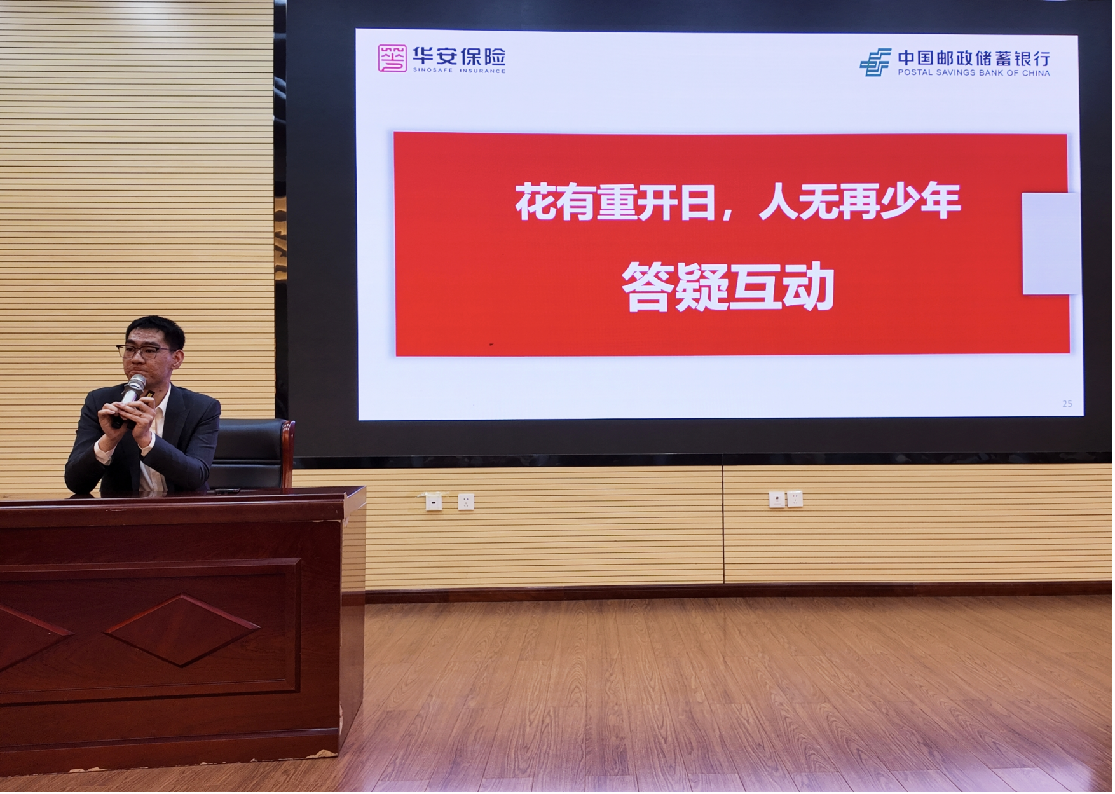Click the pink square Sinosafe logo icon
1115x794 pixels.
(392, 58)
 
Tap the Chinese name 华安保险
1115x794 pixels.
(460, 56)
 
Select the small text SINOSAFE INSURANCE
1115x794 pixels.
(460, 71)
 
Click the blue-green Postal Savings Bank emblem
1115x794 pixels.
(876, 62)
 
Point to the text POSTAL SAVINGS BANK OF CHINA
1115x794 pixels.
(974, 73)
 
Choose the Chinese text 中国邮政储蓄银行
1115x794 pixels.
(974, 58)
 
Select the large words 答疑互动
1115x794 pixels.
(729, 287)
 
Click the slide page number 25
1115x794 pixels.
(1067, 404)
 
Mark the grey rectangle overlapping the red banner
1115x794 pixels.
(1051, 243)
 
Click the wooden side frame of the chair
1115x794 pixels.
(288, 454)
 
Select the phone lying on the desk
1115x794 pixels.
(226, 491)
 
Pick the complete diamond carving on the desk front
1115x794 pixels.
(182, 630)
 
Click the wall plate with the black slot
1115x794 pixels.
(434, 502)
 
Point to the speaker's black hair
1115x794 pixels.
(156, 329)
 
